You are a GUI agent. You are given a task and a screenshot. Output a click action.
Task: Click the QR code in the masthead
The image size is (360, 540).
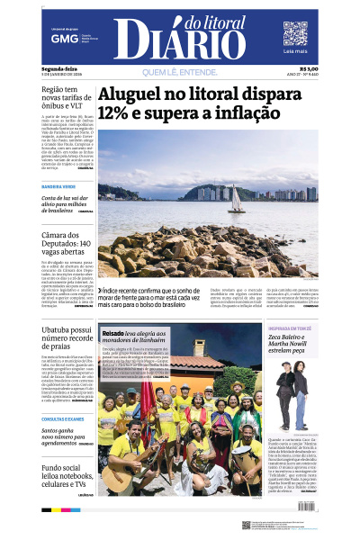295,33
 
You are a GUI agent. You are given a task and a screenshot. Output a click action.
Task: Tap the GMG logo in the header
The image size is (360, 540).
64,40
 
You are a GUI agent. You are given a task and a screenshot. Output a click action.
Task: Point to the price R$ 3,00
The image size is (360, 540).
309,67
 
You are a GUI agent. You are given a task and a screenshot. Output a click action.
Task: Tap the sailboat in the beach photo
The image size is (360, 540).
237,200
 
